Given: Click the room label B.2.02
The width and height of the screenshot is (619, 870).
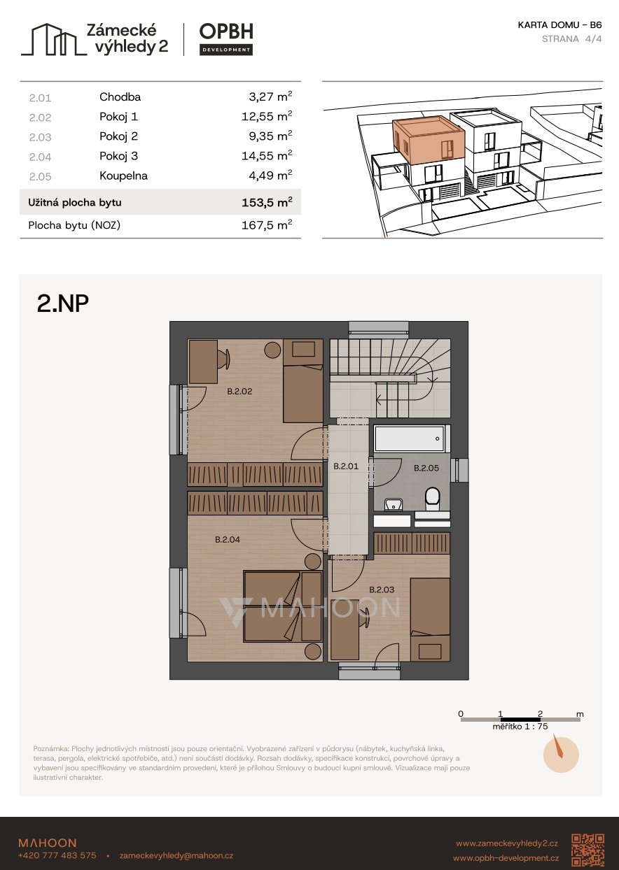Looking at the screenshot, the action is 239,391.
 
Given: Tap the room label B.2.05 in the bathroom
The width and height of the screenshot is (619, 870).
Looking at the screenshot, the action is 426,468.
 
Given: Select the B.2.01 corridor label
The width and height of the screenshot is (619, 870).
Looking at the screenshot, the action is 346,466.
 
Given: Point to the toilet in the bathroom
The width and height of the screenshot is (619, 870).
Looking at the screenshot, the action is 432,499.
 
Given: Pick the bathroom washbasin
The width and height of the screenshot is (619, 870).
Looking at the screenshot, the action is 394,504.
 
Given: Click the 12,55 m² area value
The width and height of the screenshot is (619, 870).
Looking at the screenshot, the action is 267,117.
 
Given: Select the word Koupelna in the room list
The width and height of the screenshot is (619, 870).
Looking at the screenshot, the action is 123,176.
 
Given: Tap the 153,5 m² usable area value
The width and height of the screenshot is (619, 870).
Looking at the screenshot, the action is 267,202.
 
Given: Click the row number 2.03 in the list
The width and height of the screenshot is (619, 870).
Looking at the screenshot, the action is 40,137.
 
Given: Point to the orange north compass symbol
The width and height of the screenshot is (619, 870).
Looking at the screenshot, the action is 561,755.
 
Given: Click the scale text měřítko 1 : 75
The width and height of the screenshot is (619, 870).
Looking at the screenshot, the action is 520,727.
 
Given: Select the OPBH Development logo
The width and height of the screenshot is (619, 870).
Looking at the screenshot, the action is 226,39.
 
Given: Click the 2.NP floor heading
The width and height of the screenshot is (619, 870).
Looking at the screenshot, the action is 62,304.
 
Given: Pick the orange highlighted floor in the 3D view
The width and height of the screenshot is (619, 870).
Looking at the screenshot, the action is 429,139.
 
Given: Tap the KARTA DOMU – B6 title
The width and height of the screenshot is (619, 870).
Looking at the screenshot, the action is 559,25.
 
